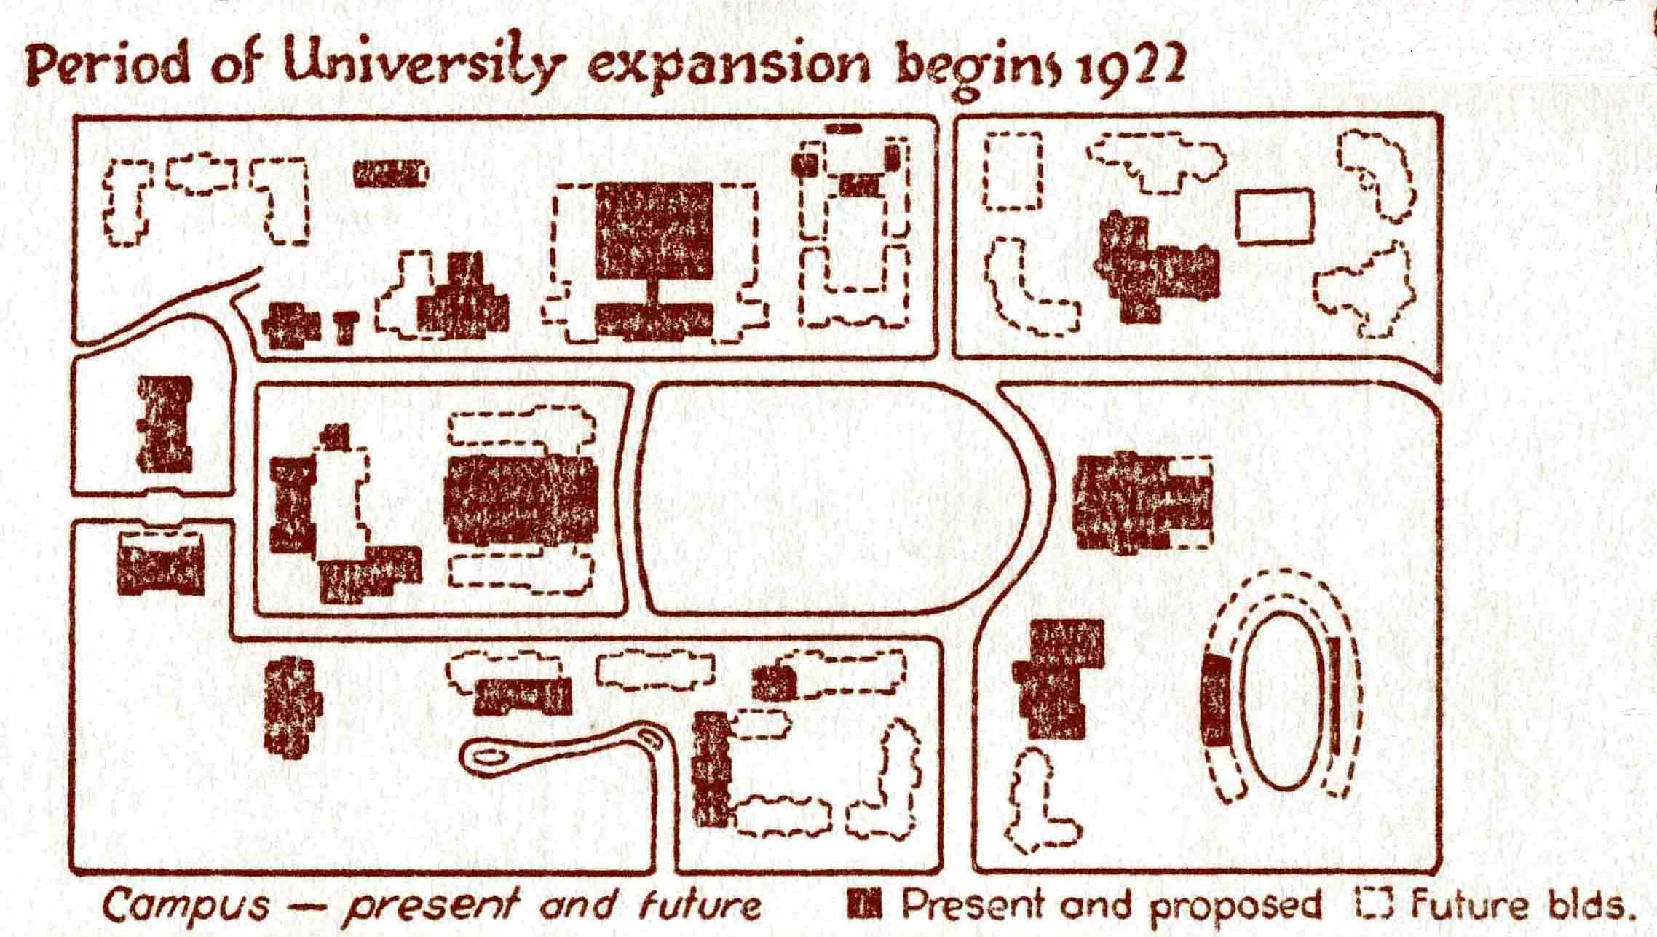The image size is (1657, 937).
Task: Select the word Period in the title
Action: (111, 67)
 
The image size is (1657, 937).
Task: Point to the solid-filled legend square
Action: (865, 904)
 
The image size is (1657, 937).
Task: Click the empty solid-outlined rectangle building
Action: (1274, 216)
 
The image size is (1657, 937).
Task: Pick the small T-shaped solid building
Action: (347, 327)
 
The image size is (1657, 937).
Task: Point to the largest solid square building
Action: (653, 230)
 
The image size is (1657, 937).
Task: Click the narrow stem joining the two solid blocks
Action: (654, 291)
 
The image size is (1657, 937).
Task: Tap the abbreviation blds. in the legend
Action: (1590, 905)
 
